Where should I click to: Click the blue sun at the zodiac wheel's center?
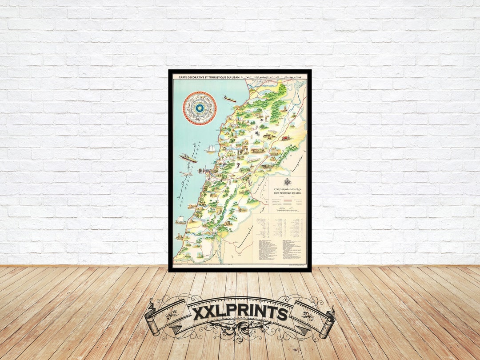coord(200,108)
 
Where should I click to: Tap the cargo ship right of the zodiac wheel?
coord(230,99)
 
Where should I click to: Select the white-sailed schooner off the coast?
coord(211,149)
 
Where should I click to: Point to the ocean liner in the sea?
coord(188,158)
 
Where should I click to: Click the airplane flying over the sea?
coord(186,173)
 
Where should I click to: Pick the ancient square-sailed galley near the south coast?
coord(181,220)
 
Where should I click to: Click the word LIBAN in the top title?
coord(234,77)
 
